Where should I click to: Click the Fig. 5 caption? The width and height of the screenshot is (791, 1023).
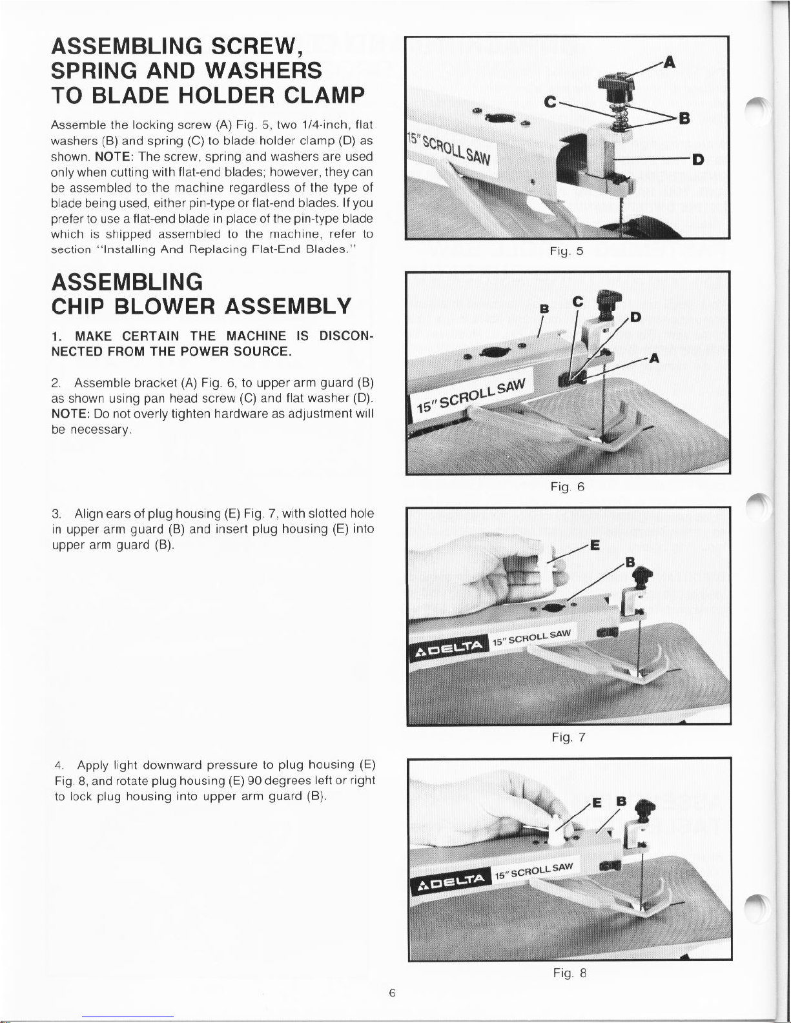[571, 252]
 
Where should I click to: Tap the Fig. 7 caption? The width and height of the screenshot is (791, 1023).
[568, 737]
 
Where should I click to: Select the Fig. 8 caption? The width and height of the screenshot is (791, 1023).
[569, 973]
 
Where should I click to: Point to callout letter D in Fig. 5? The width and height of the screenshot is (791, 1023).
[697, 159]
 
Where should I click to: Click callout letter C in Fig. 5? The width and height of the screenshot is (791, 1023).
[550, 101]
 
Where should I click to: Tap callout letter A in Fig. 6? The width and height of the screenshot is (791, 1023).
[653, 359]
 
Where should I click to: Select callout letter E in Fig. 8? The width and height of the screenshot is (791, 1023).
[597, 802]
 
